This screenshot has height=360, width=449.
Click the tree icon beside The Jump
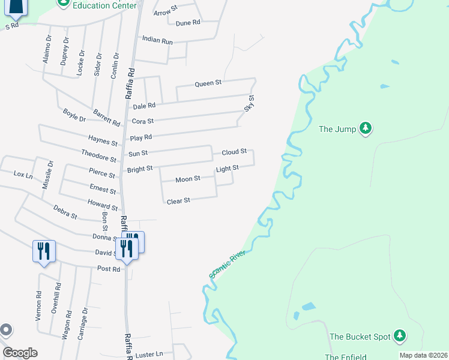[x=365, y=128]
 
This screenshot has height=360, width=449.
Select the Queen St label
[x=208, y=83]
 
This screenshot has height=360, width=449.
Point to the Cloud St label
[x=234, y=152]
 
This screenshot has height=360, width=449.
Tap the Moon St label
[x=188, y=179]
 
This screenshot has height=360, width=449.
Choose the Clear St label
[x=178, y=200]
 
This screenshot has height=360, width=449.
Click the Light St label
[x=228, y=169]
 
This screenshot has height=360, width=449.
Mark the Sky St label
[x=249, y=103]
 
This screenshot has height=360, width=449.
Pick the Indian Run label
[x=157, y=40]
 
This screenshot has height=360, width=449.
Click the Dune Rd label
[x=187, y=23]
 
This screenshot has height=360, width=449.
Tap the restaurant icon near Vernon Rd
[x=44, y=250]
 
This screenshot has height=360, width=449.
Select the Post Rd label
[x=109, y=269]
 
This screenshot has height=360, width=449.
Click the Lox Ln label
[x=23, y=174]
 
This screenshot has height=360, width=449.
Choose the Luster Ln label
[x=149, y=354]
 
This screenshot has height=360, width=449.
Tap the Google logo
[x=20, y=353]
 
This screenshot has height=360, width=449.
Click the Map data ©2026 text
[x=423, y=355]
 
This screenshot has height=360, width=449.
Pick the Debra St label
[x=65, y=212]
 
